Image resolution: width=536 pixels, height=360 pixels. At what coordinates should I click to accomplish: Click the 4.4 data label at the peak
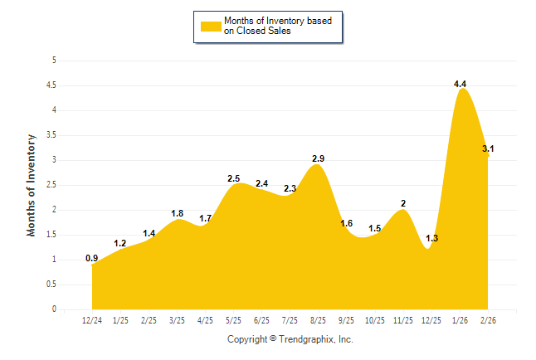coord(460,84)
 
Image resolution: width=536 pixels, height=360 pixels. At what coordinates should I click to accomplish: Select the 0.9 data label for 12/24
coord(92,258)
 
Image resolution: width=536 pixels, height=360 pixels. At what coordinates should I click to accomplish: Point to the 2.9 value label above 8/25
coord(318,158)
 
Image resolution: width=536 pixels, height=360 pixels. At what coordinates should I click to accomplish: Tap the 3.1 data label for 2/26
coord(489,149)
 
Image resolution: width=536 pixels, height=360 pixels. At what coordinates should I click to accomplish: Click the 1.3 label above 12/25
coord(431,239)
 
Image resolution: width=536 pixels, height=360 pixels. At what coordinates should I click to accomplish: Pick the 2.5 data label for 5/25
coord(233,178)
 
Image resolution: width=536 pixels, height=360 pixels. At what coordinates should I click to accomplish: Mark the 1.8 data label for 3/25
coord(177,213)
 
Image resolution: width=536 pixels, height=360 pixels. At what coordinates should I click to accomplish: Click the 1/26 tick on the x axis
coord(460,319)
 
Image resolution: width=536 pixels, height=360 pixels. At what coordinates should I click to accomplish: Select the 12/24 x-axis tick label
coord(92,319)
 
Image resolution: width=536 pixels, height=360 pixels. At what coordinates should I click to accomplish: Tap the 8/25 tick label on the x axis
coord(318,319)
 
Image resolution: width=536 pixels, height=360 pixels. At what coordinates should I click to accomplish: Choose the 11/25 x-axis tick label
coord(402,319)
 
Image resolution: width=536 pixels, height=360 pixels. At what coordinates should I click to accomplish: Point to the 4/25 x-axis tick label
coord(205,319)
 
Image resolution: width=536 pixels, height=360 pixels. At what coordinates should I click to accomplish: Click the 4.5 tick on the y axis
coord(51,85)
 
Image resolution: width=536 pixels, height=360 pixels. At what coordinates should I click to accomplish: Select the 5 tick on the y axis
coord(54,61)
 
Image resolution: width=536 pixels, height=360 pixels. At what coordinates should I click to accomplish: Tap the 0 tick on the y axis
coord(54,309)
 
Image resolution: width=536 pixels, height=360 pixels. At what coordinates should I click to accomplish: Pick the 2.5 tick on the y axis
coord(51,185)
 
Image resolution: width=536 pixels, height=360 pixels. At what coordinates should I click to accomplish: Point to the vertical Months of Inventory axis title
coord(32,185)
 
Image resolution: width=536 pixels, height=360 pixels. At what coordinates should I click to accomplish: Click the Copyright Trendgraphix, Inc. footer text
coord(290,339)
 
